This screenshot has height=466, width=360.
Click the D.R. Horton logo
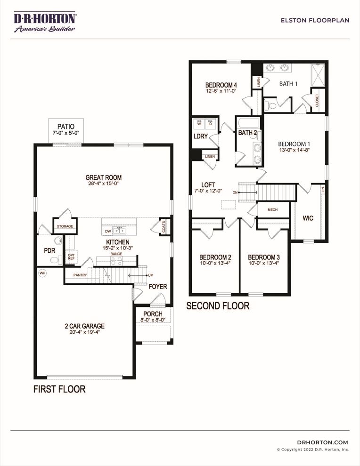tap(45, 22)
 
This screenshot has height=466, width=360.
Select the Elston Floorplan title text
tap(315, 20)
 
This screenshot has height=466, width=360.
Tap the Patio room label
tap(66, 127)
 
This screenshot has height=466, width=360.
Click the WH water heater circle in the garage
tap(43, 273)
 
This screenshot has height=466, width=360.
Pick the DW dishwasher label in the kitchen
tap(108, 231)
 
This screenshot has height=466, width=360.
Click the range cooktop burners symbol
tap(116, 261)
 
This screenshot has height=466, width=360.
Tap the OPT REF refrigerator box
tap(71, 257)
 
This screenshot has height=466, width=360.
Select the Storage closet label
tap(65, 226)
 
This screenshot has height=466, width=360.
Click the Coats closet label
tap(164, 226)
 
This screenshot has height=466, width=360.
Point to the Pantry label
tap(80, 275)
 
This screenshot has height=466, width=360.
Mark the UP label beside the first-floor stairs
tap(150, 275)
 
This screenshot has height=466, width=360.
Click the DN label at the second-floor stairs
tap(235, 193)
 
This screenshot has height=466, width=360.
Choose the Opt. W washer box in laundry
tap(199, 123)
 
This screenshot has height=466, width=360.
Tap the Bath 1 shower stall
tap(319, 75)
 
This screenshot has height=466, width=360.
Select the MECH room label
tap(272, 209)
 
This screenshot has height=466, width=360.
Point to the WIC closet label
tap(308, 218)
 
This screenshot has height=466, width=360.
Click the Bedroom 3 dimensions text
tap(263, 263)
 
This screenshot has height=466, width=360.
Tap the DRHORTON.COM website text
tap(322, 442)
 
